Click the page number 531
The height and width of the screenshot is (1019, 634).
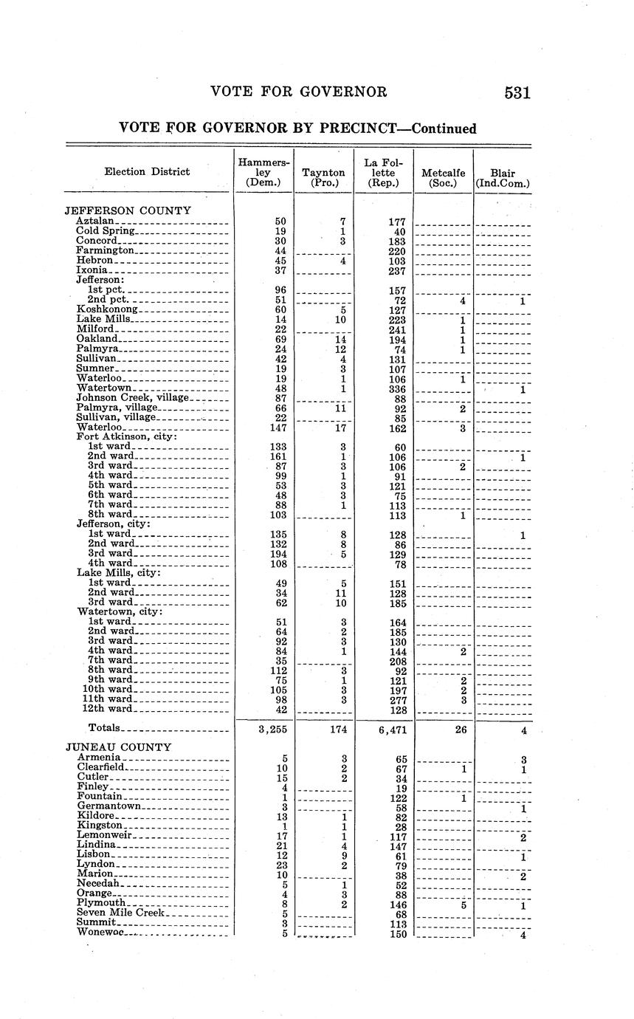(517, 92)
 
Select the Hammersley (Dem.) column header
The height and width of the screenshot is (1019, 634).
(264, 171)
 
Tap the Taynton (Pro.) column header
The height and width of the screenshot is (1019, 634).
(323, 177)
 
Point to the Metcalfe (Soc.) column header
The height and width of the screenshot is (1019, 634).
(443, 177)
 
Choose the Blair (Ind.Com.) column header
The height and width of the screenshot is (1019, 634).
(503, 177)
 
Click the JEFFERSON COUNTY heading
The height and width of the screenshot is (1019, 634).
(128, 210)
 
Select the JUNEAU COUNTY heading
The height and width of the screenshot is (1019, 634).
(118, 747)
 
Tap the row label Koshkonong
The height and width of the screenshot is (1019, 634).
(108, 309)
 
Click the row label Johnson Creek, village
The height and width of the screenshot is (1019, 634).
(134, 398)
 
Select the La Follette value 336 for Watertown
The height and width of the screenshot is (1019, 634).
(398, 388)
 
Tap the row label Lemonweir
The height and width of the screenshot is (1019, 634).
(105, 834)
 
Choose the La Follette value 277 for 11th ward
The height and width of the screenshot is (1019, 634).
(398, 699)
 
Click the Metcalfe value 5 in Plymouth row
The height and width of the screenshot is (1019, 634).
(463, 903)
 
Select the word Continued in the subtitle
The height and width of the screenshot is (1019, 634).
(444, 128)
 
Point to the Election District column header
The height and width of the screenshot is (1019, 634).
(147, 171)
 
